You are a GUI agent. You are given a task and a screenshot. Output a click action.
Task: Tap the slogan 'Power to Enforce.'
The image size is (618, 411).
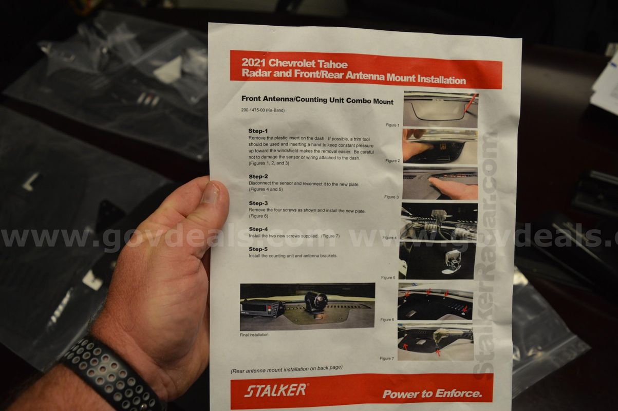(433, 394)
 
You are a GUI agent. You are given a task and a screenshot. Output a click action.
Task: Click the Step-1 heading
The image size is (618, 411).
(258, 130)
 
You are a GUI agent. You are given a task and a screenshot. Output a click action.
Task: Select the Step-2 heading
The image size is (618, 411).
(258, 176)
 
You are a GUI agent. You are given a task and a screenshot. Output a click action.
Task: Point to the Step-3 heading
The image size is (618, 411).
(258, 203)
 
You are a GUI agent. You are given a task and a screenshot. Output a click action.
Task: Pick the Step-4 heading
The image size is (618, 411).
(258, 229)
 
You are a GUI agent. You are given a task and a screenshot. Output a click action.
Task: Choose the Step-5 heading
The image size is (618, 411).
(258, 249)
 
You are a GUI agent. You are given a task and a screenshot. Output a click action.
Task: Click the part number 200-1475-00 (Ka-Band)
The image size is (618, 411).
(263, 110)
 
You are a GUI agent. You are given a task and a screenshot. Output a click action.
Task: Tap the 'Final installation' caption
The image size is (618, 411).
(254, 334)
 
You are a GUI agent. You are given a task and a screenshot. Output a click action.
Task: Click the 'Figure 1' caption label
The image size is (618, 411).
(392, 125)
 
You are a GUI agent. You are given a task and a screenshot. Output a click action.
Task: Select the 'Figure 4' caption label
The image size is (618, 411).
(389, 237)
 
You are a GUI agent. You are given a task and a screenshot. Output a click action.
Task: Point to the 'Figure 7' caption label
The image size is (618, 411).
(387, 358)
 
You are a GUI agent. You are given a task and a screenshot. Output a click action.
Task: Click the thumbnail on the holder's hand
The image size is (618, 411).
(210, 193)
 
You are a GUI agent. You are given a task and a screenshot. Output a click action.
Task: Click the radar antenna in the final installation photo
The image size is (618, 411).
(316, 302)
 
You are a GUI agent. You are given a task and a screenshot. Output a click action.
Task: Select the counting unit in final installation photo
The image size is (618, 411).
(262, 309)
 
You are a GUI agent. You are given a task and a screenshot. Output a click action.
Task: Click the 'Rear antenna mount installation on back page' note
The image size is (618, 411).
(287, 369)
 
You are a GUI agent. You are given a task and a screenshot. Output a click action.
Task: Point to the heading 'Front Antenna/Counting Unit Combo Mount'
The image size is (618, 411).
(317, 100)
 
